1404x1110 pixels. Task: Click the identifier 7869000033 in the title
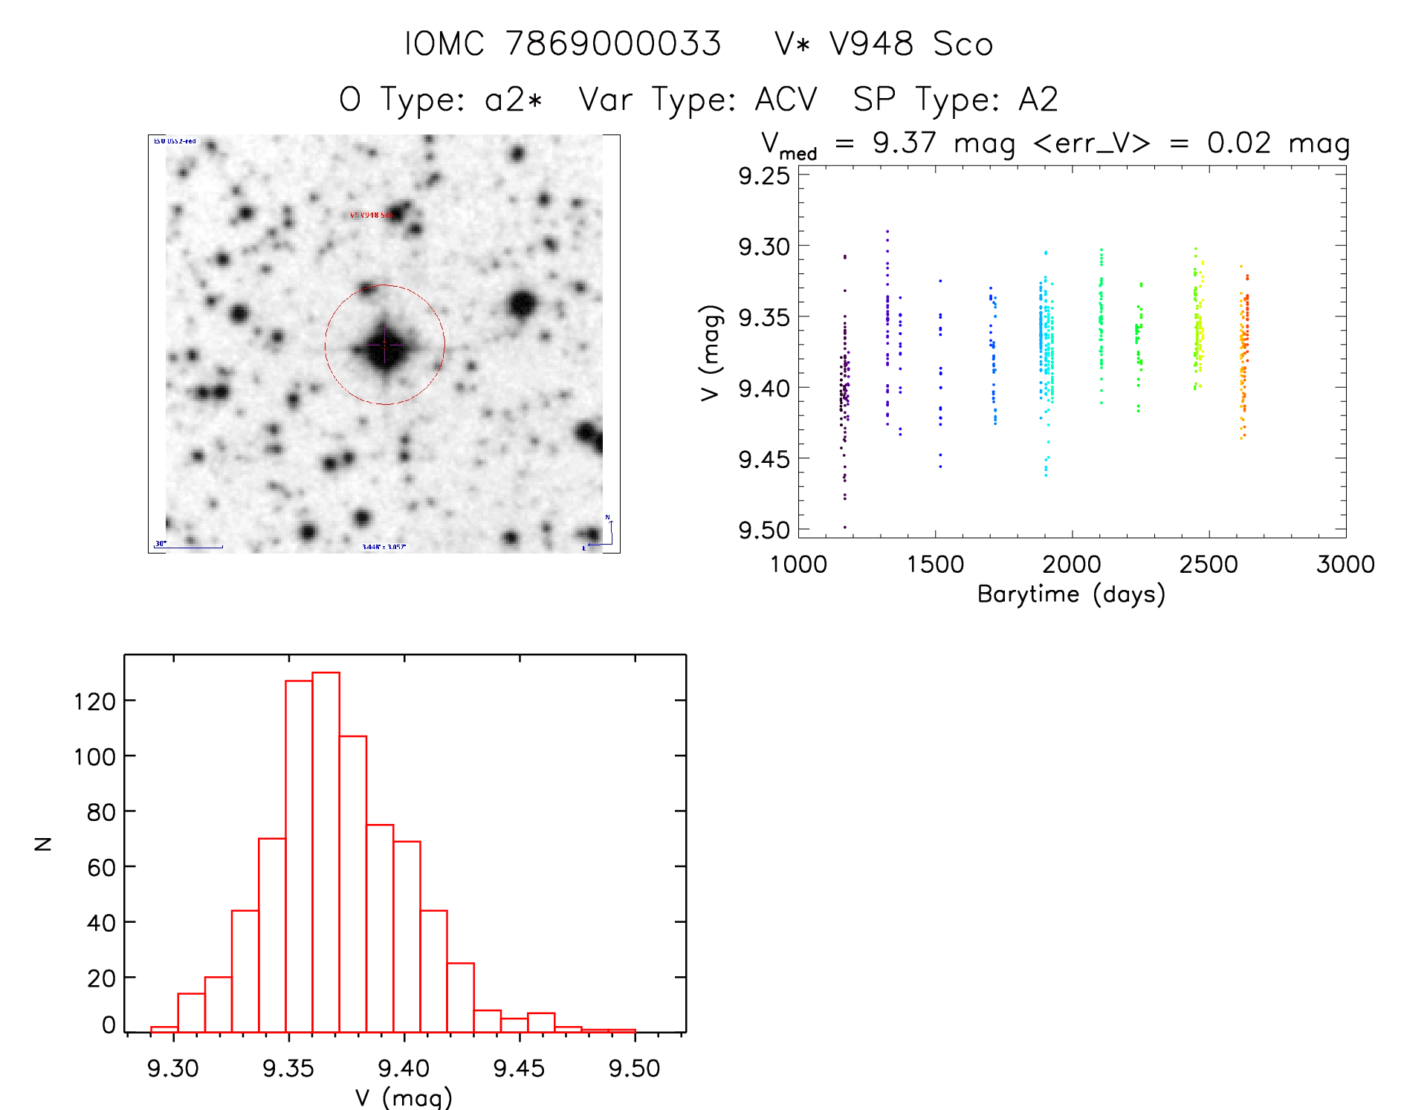pos(613,44)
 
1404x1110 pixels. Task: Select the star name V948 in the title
pos(871,44)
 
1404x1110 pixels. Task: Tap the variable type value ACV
pos(786,100)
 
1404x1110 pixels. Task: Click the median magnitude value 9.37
pos(904,143)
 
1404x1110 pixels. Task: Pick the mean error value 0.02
pos(1238,143)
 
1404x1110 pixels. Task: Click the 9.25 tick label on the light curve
pos(763,176)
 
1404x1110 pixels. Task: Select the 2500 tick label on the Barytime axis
pos(1209,564)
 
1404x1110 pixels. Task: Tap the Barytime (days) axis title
pos(1071,594)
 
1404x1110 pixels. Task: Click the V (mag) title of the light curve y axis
pos(711,353)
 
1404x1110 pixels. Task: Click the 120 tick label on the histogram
pos(95,701)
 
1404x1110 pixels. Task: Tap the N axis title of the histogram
pos(43,843)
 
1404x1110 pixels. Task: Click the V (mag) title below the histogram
pos(404,1097)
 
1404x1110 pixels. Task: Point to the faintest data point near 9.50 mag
pos(844,527)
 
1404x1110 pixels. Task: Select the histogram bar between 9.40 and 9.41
pos(407,936)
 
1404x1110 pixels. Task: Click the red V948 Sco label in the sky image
pos(371,215)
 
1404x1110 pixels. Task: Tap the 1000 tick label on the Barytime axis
pos(798,564)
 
